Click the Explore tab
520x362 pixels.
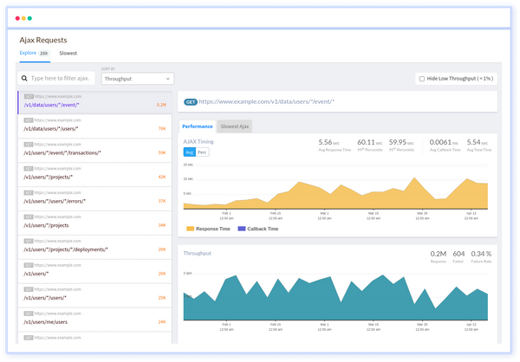29,53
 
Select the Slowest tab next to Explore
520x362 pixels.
68,53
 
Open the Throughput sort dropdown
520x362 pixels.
137,78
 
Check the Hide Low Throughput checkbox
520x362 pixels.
421,78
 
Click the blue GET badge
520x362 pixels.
192,101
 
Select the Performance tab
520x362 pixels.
197,126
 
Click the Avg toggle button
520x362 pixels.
190,152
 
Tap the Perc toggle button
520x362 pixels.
203,152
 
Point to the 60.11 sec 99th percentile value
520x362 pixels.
367,142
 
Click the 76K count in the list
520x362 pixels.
161,128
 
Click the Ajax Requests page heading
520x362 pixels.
43,39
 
